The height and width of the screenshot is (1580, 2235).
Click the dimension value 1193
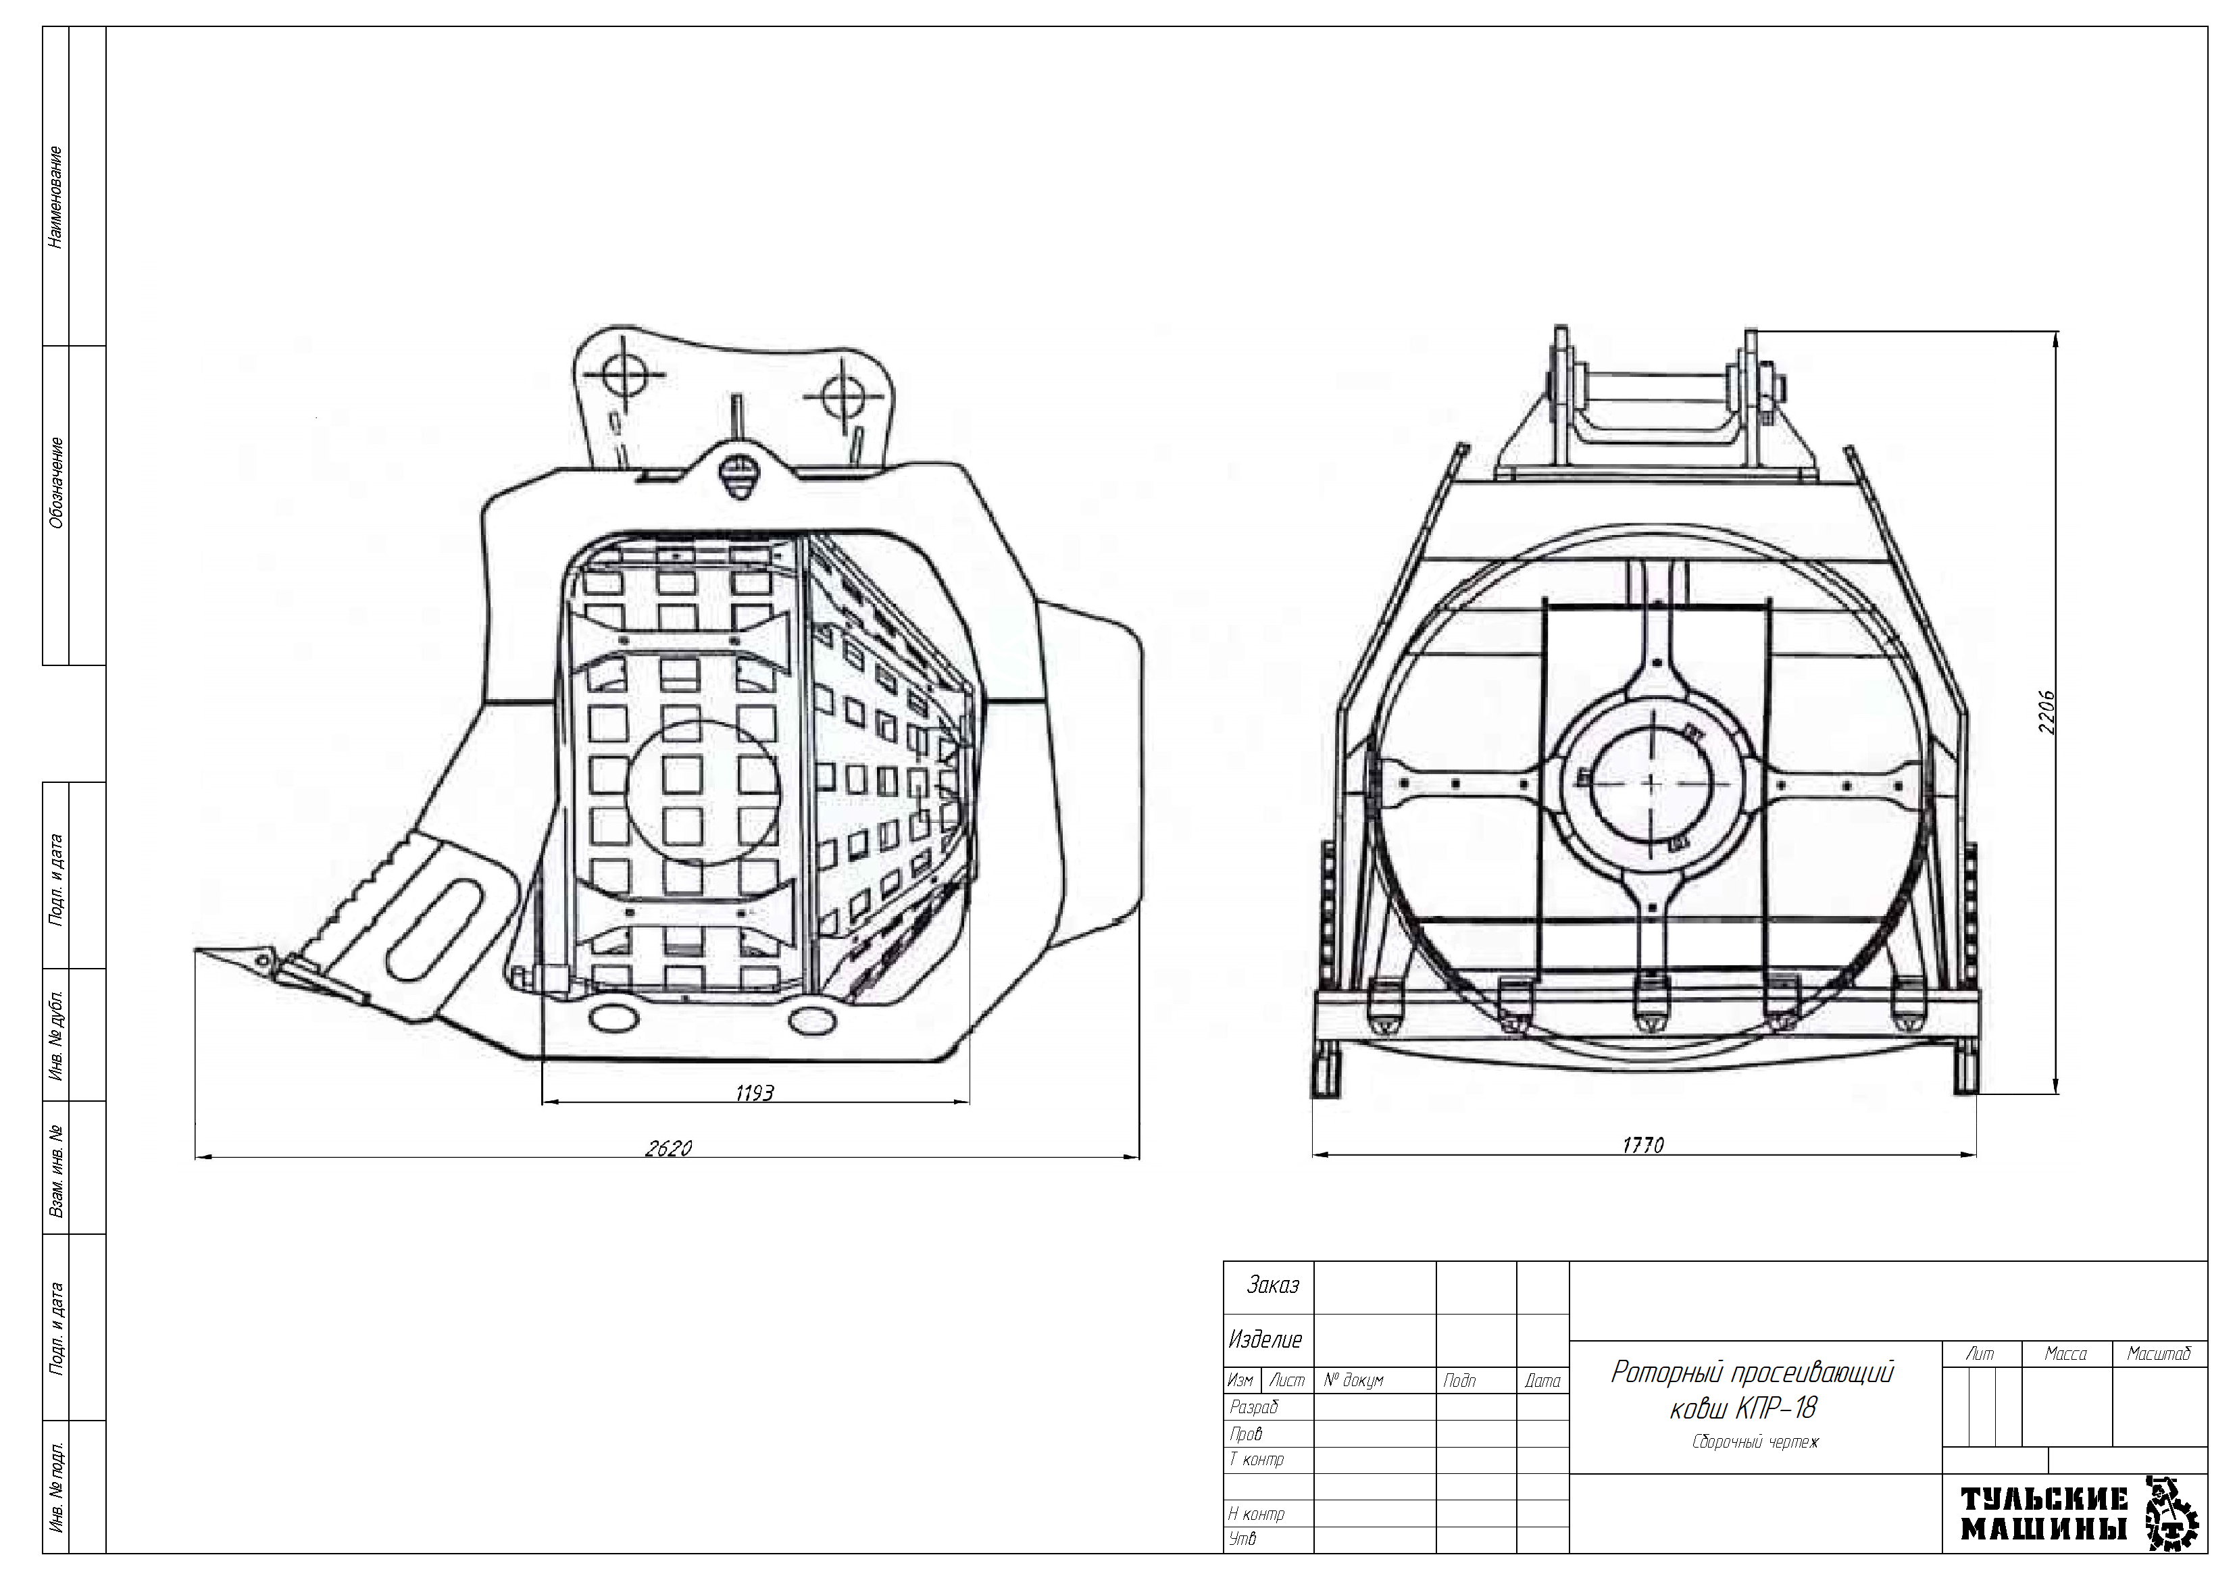tap(755, 1093)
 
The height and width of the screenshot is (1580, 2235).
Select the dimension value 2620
tap(669, 1149)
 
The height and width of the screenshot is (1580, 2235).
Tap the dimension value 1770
tap(1643, 1146)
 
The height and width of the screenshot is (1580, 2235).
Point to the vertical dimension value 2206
tap(2048, 713)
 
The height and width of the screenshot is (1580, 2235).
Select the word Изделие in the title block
tap(1265, 1340)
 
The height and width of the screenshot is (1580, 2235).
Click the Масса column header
tap(2065, 1354)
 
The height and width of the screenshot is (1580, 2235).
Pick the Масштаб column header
tap(2159, 1354)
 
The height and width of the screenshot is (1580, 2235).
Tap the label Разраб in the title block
tap(1254, 1406)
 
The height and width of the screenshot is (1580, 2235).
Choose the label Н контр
tap(1257, 1514)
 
